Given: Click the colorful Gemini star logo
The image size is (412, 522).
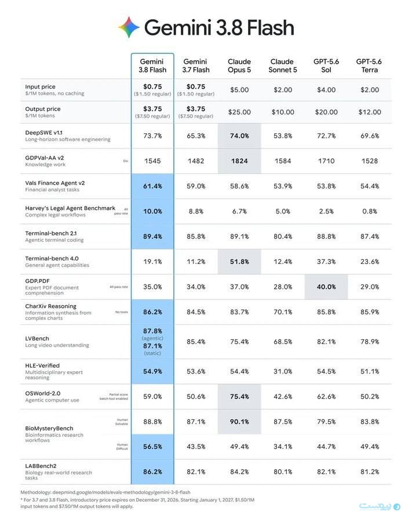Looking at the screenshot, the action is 129,27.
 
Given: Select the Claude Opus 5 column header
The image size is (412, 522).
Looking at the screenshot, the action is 239,66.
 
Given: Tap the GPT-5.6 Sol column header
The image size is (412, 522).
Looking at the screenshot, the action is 326,66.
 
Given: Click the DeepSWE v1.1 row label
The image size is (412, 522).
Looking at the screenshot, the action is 44,132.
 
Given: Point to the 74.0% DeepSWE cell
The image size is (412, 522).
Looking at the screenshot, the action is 239,136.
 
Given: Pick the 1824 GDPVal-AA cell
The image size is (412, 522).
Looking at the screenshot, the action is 239,161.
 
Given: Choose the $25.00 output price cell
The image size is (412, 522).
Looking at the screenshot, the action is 239,112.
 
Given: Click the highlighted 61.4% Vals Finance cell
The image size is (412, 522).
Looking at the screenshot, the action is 152,186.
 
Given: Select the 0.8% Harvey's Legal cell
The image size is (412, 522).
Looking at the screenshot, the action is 370,211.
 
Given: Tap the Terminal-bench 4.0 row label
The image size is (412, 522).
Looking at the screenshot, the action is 52,258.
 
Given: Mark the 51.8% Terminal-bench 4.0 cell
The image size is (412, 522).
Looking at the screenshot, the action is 239,262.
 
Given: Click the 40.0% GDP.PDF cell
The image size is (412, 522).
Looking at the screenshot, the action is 326,287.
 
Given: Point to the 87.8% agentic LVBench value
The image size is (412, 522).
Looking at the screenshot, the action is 152,331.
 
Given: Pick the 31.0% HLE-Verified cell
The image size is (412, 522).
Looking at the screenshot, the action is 283,371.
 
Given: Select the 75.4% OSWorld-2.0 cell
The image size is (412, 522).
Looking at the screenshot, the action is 239,397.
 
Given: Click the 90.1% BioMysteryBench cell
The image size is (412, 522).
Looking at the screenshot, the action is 239,422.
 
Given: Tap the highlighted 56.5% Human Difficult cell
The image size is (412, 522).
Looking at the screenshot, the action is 152,447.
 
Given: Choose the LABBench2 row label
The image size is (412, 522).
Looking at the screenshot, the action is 41,466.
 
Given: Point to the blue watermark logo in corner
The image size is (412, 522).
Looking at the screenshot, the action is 380,506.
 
